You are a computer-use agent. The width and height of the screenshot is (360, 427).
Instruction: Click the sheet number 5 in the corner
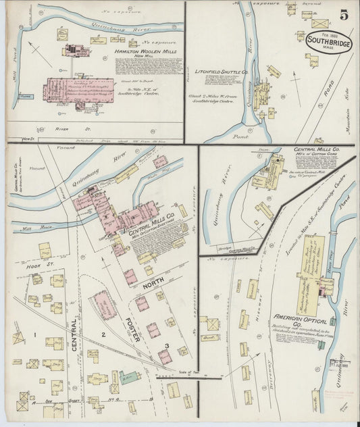pyautogui.click(x=344, y=13)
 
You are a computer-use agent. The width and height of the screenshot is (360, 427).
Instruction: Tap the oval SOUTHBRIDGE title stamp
pyautogui.click(x=328, y=42)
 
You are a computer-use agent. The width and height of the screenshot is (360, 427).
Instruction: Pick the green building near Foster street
pyautogui.click(x=129, y=377)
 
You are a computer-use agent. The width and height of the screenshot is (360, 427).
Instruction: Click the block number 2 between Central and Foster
pyautogui.click(x=103, y=334)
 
